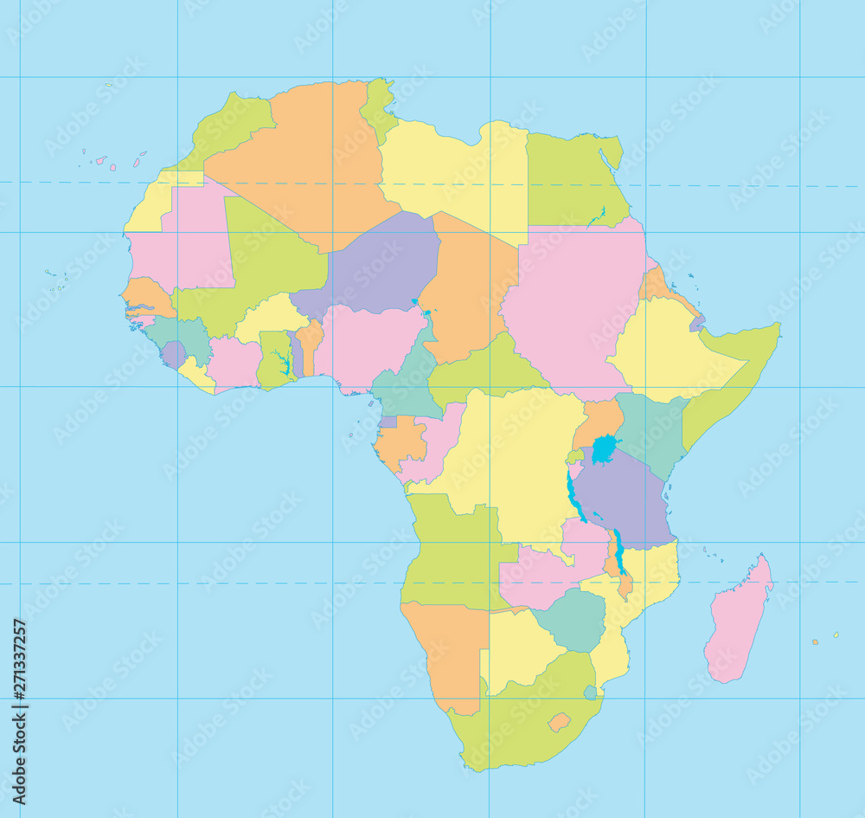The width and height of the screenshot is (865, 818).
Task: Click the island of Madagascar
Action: (x=737, y=622)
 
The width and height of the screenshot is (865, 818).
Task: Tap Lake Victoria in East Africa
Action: (x=605, y=449)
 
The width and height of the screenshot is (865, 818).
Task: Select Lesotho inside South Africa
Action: (x=559, y=721)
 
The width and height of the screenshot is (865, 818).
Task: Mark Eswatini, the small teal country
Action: (x=590, y=692)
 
